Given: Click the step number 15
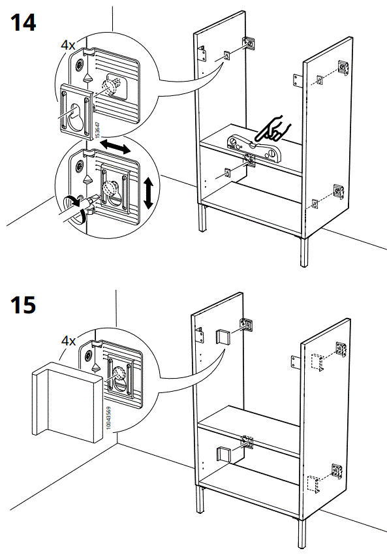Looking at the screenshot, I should click(23, 304).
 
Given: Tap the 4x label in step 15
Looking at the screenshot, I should click(69, 341).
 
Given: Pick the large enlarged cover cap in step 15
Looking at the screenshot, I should click(65, 399).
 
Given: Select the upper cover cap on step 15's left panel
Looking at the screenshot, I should click(223, 336).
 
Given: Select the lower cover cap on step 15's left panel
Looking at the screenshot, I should click(223, 456).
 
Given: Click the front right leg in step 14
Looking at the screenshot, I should click(304, 252).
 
